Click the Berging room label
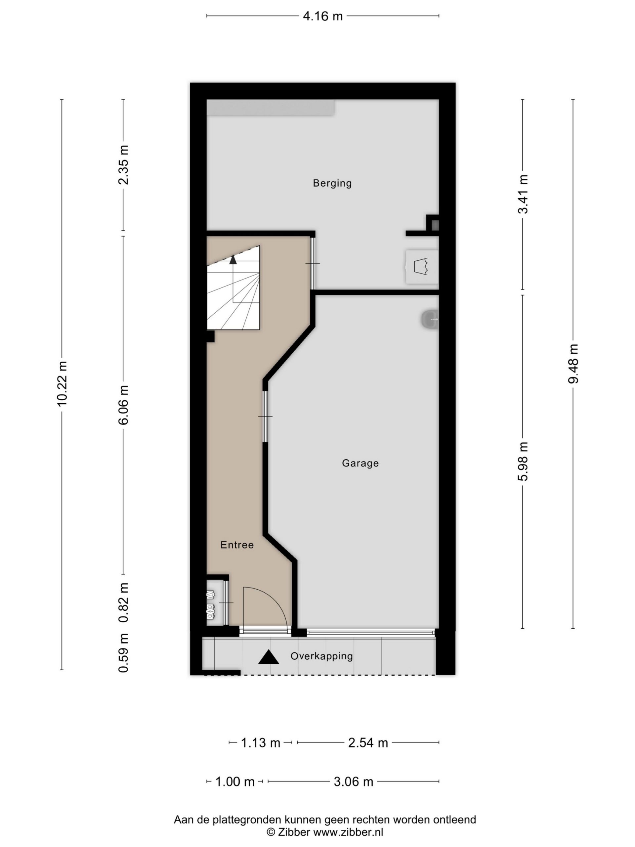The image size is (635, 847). click(x=332, y=183)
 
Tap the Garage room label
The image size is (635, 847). click(x=360, y=463)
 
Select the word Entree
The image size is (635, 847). click(x=237, y=545)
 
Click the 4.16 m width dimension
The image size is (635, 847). click(x=323, y=16)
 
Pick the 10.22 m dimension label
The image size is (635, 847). click(x=62, y=383)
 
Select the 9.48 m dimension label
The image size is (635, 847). click(x=573, y=363)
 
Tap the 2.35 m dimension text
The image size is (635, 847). click(x=123, y=165)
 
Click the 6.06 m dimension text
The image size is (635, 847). click(x=123, y=405)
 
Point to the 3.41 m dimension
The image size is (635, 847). click(x=523, y=194)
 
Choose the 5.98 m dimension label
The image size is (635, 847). click(x=523, y=461)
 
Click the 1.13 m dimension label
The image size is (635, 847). click(x=260, y=743)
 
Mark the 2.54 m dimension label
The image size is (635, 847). click(x=368, y=743)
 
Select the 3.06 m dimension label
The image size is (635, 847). click(x=353, y=781)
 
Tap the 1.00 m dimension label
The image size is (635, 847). click(x=234, y=781)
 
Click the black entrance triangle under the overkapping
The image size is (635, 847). click(x=268, y=657)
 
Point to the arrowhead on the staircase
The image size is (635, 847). click(x=233, y=260)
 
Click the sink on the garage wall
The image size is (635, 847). click(x=430, y=319)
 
